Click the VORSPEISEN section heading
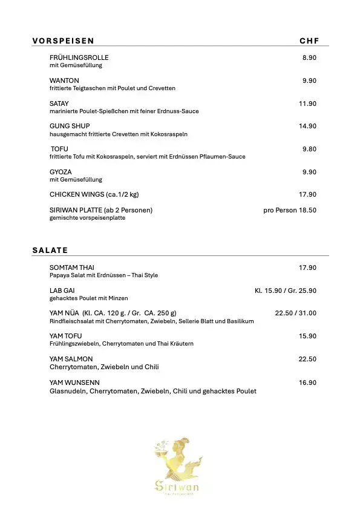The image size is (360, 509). pos(63,41)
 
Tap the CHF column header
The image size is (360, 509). pos(309,41)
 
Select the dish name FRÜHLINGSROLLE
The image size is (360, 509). pos(79,57)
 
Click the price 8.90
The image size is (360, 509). pos(309,57)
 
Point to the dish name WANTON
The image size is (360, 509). pos(64,80)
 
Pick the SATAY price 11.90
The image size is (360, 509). pos(307,103)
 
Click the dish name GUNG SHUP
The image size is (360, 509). pos(70,126)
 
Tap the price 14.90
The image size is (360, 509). pos(307,126)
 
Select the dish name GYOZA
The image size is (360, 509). pos(61,172)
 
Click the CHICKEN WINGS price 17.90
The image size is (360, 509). pos(307,195)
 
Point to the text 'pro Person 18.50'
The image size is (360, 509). pos(290,210)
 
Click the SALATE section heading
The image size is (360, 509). pos(50,250)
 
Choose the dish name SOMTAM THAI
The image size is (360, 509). pos(72,268)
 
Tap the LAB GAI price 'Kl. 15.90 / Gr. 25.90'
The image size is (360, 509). pos(286,291)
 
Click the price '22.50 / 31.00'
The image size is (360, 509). pos(295,313)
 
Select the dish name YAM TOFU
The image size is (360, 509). pos(65,336)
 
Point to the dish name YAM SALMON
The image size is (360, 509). pos(71,359)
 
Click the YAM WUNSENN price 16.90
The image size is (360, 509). pos(307,383)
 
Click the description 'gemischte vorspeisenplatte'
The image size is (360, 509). pos(88,218)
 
